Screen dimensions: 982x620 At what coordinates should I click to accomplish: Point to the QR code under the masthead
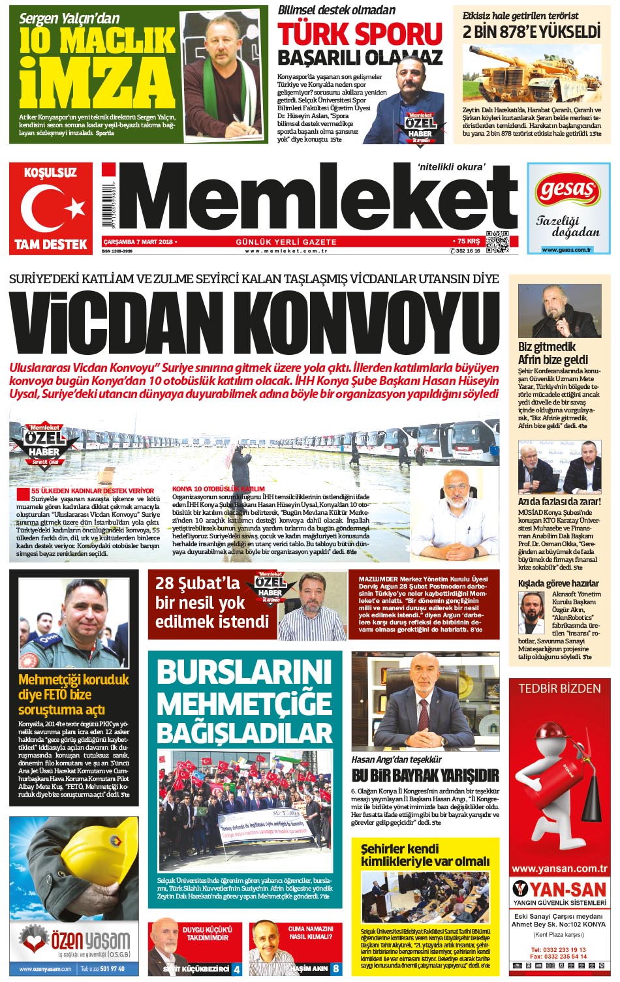point(496,241)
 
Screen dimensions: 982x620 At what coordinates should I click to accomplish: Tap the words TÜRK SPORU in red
point(360,33)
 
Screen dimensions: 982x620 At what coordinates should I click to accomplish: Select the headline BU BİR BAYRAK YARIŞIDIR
point(425,776)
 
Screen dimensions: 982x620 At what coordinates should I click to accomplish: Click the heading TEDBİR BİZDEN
point(559,688)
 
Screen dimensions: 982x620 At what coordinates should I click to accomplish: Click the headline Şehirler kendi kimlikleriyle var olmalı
point(425,855)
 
